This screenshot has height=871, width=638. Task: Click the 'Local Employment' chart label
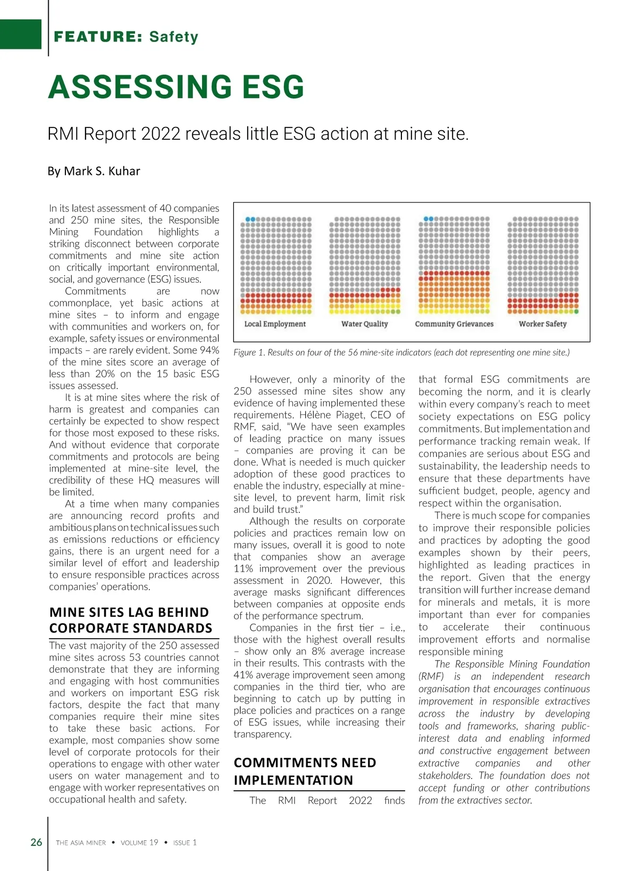tap(275, 324)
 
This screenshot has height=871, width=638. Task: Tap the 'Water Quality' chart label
tap(364, 324)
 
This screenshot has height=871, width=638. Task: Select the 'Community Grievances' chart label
tap(454, 324)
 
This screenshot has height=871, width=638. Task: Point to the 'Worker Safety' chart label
tap(542, 324)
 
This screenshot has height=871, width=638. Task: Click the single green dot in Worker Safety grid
tap(576, 311)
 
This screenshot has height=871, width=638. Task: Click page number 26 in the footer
tap(36, 842)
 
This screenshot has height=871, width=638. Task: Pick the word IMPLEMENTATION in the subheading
tap(293, 780)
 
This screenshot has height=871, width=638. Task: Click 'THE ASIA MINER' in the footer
tap(81, 843)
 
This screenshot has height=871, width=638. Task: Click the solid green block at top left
tap(21, 34)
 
